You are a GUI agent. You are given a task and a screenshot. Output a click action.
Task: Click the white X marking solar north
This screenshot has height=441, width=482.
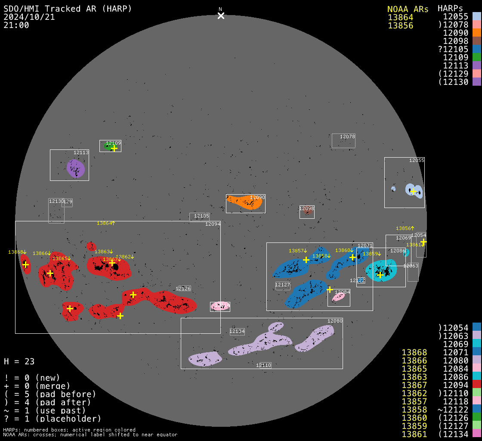(221, 16)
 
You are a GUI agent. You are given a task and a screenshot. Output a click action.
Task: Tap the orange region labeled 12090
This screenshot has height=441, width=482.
(245, 202)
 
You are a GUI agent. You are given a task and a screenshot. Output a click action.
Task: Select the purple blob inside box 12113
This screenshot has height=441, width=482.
(76, 168)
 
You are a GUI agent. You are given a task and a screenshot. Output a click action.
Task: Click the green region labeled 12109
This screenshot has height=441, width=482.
(108, 146)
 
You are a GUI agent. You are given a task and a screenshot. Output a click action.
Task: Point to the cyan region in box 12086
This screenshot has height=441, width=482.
(381, 270)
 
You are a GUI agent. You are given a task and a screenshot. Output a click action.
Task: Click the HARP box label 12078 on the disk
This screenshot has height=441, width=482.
(347, 137)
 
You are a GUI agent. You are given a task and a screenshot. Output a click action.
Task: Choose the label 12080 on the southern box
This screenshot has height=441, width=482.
(334, 321)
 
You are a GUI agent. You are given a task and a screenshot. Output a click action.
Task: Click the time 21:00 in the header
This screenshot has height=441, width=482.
(16, 25)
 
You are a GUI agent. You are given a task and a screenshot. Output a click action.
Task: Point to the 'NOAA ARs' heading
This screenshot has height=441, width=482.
(408, 9)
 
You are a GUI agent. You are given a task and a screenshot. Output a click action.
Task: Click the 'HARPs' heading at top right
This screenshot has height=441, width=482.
(450, 9)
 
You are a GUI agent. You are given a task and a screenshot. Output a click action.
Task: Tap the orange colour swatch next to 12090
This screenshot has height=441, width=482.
(476, 32)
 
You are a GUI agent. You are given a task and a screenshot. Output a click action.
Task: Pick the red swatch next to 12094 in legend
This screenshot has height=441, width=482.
(476, 385)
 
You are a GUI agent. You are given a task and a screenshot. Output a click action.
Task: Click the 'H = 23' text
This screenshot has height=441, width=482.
(19, 361)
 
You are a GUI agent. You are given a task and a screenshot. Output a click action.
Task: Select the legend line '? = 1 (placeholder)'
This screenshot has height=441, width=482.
(52, 418)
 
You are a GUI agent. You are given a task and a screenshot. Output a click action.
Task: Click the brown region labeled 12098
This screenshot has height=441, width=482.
(307, 211)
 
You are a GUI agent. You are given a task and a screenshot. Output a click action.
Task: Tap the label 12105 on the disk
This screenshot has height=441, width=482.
(201, 216)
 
